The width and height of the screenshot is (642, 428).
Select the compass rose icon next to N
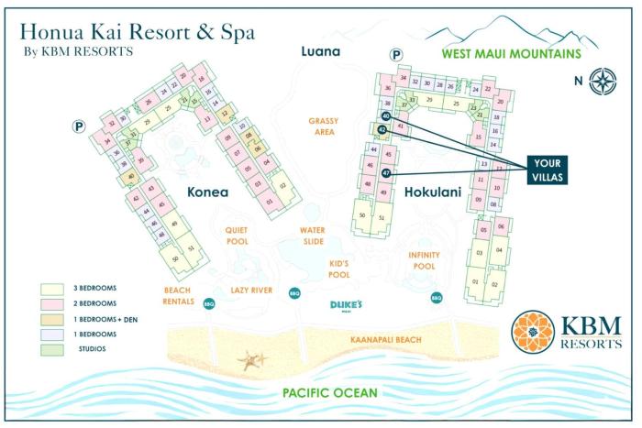pos(603,81)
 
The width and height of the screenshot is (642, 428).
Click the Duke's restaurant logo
pos(348,306)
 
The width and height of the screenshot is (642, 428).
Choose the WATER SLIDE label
pos(313,236)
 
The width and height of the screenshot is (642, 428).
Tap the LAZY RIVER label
pos(252,290)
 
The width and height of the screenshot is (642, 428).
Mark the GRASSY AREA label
pos(323,127)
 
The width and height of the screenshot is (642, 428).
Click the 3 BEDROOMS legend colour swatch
pos(51,287)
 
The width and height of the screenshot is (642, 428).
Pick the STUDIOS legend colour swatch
pos(51,348)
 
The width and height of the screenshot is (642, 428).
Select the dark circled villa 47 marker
pos(387,172)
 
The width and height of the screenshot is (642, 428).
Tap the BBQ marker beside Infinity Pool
pos(437,297)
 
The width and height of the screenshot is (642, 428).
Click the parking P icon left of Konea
pos(79,127)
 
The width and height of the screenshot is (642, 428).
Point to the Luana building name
pos(321,51)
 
